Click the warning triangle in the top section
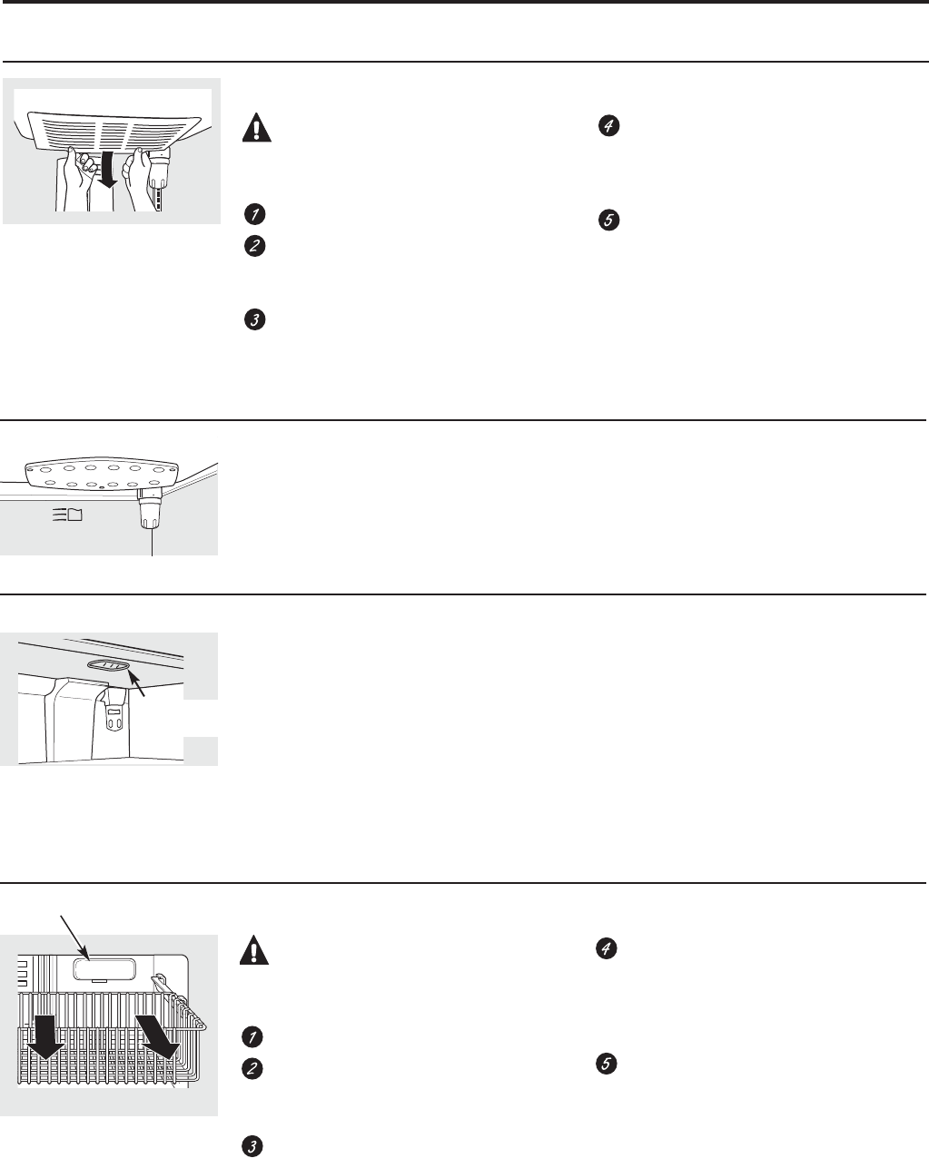[256, 129]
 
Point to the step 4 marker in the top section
[608, 128]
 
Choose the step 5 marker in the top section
[608, 220]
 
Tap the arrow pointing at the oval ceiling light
[138, 683]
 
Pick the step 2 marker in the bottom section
[253, 1070]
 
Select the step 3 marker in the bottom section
[253, 1146]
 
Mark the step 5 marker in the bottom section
[608, 1064]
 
